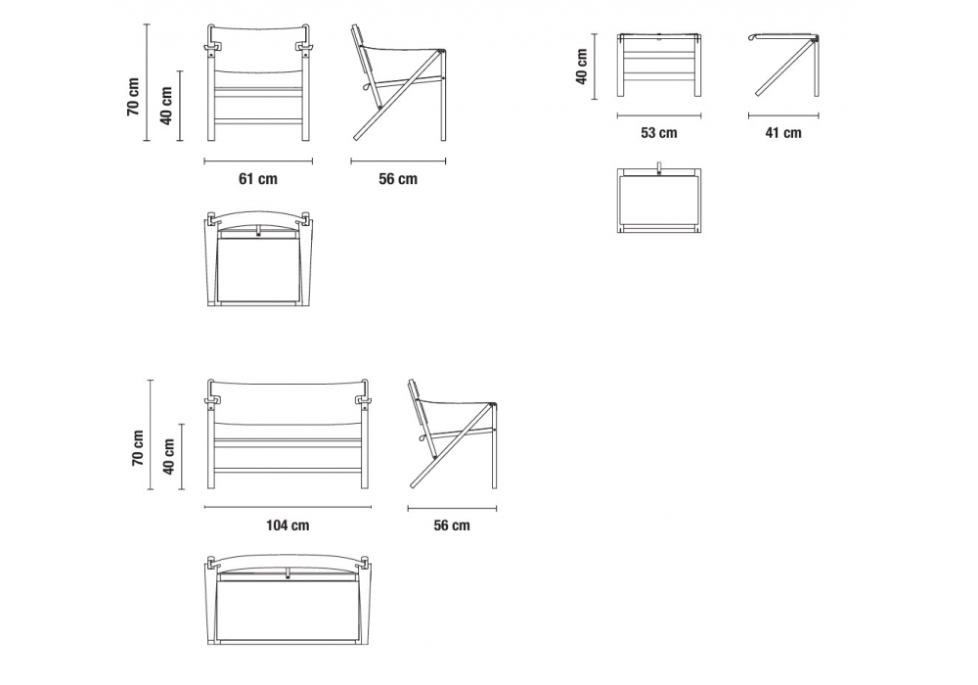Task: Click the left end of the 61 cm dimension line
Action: click(204, 161)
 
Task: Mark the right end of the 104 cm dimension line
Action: click(371, 507)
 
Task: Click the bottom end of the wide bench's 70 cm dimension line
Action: click(151, 489)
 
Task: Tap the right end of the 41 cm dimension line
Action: click(819, 115)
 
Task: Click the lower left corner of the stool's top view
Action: click(618, 232)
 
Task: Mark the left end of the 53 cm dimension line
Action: click(617, 115)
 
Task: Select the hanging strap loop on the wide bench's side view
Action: click(422, 439)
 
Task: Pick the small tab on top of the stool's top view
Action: click(658, 169)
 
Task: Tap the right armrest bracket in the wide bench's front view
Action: click(363, 400)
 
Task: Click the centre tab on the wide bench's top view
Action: click(288, 574)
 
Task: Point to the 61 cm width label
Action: click(258, 179)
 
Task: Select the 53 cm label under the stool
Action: click(658, 133)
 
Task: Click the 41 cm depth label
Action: click(783, 133)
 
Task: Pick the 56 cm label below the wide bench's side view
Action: click(452, 525)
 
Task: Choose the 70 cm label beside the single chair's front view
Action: click(133, 97)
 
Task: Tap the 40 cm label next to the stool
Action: click(581, 67)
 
